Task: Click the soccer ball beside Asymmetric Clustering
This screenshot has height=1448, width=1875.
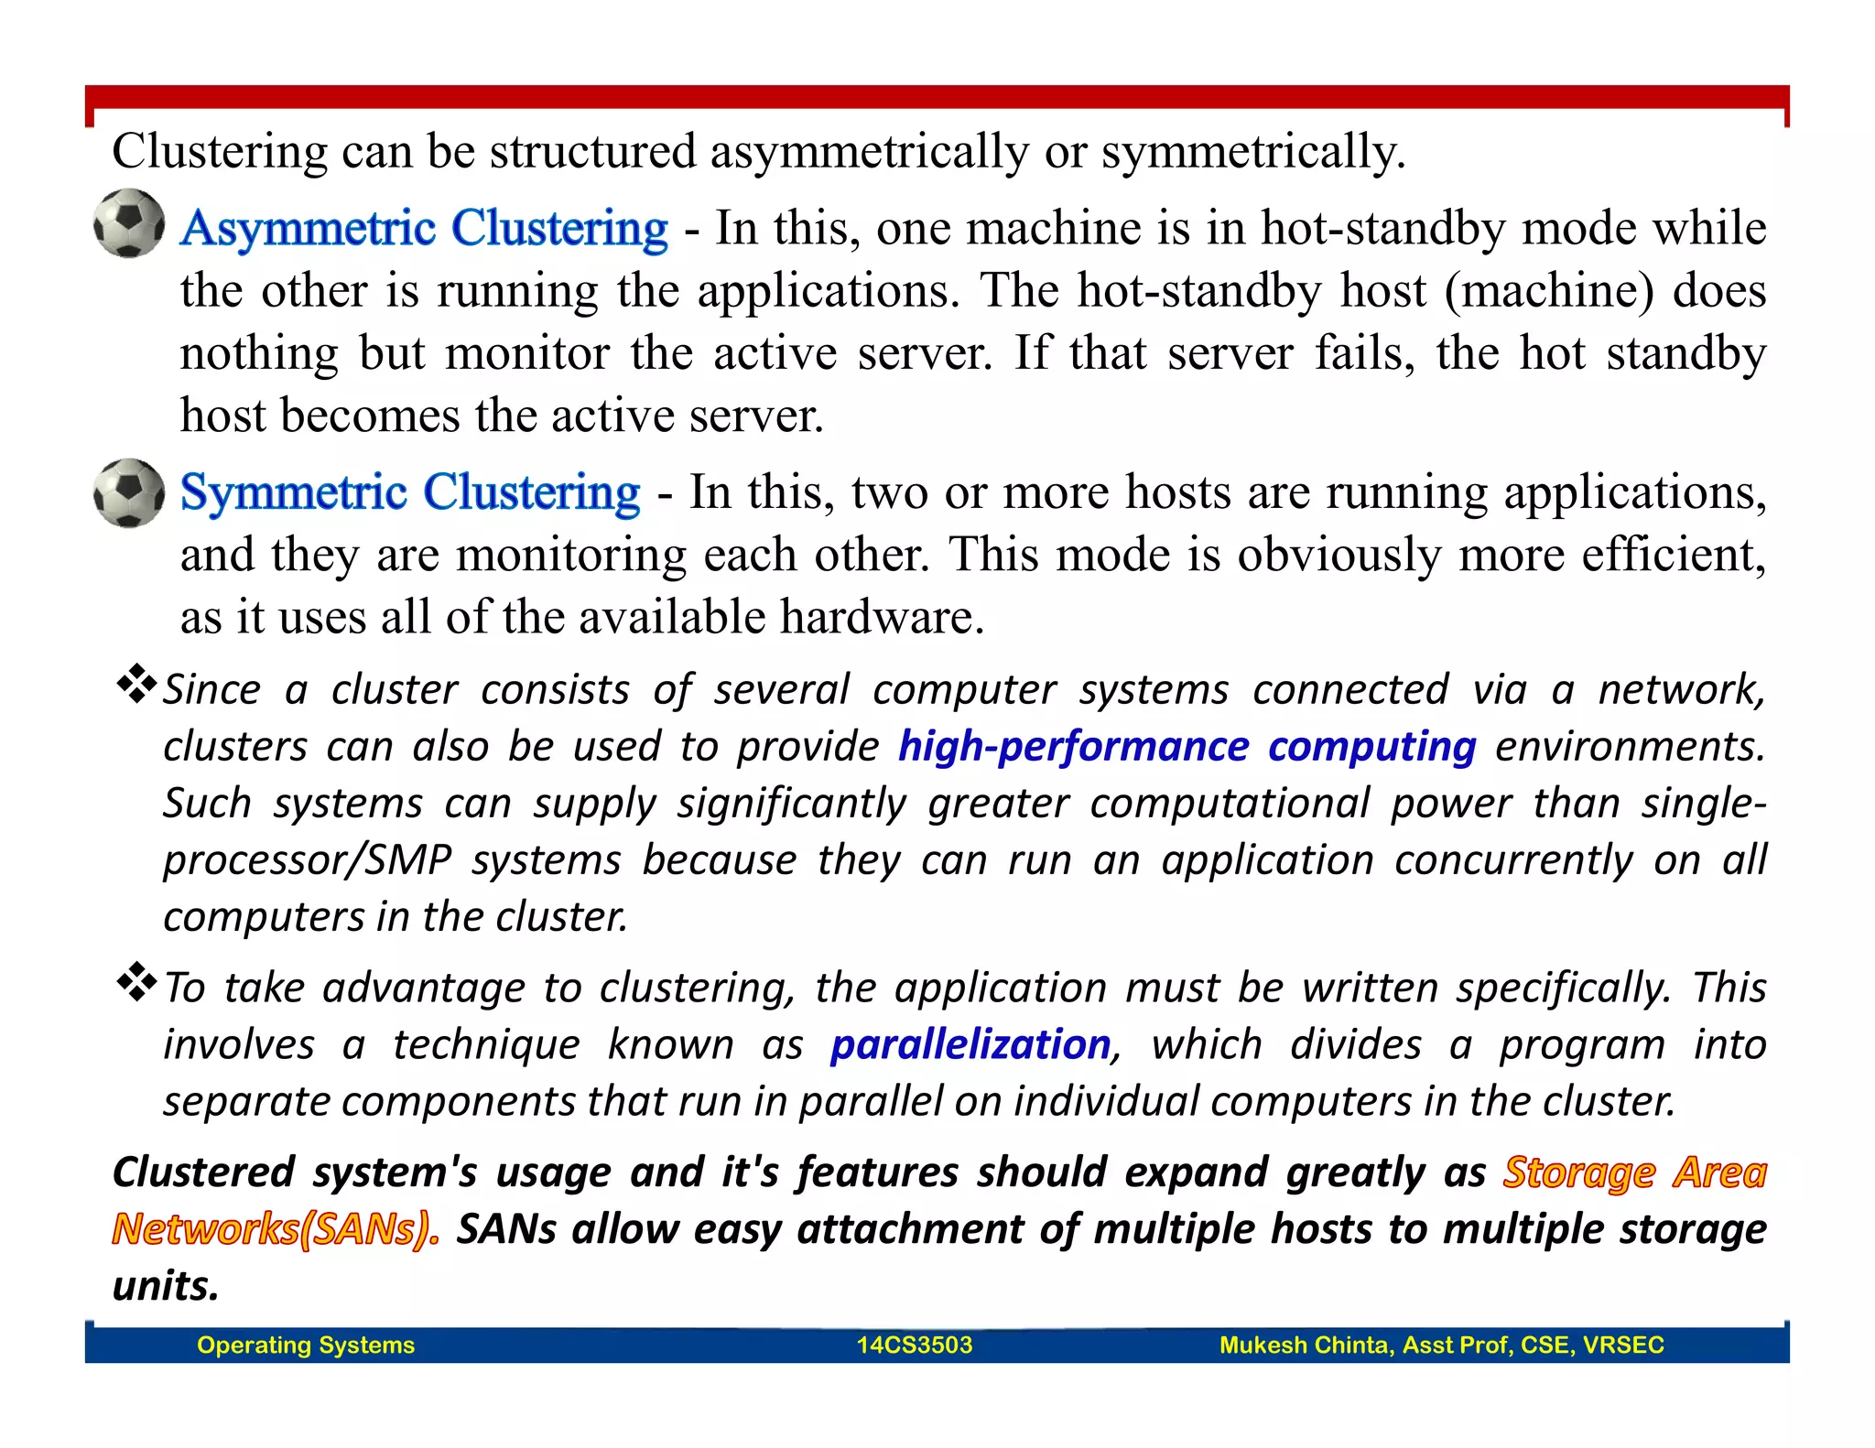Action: (129, 223)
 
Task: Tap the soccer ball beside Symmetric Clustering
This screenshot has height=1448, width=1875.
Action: (129, 492)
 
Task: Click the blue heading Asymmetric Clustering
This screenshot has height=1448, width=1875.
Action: (424, 228)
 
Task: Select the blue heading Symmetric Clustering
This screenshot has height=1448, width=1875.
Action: (410, 492)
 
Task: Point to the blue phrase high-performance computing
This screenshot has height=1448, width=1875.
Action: (1187, 747)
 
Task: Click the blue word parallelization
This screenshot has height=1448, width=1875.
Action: (970, 1045)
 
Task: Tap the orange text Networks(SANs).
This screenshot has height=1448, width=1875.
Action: (276, 1229)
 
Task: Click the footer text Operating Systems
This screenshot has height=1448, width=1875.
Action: (306, 1345)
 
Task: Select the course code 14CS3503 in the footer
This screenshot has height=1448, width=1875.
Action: (914, 1345)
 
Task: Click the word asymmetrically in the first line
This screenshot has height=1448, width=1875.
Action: (869, 152)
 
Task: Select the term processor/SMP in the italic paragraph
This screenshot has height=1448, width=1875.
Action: (308, 860)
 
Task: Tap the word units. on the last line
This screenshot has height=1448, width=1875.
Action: (166, 1286)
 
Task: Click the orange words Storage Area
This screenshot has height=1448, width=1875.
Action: (1634, 1172)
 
